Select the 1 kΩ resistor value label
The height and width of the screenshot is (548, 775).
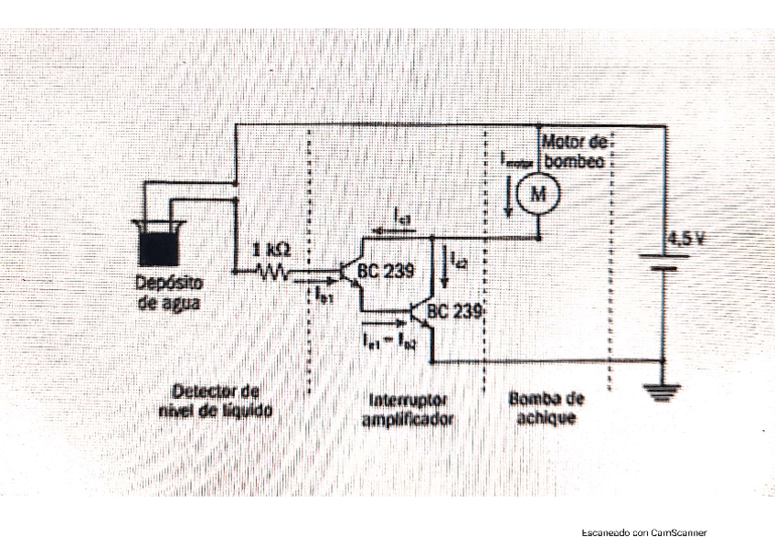(x=272, y=249)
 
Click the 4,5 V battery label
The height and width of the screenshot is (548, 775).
(x=685, y=240)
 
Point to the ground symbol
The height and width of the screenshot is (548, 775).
(x=658, y=393)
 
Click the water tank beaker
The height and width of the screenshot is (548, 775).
(x=158, y=241)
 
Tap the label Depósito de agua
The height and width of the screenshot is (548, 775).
(x=170, y=292)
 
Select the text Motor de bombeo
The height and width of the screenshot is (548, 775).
(x=574, y=151)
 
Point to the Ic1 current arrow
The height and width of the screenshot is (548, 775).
(x=402, y=228)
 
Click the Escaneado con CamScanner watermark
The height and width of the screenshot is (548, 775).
(x=644, y=532)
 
